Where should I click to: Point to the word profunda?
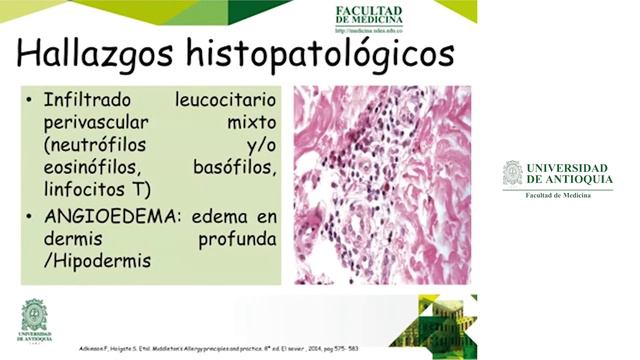(x=237, y=239)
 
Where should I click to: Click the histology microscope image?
(x=383, y=186)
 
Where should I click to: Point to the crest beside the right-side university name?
(x=512, y=173)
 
